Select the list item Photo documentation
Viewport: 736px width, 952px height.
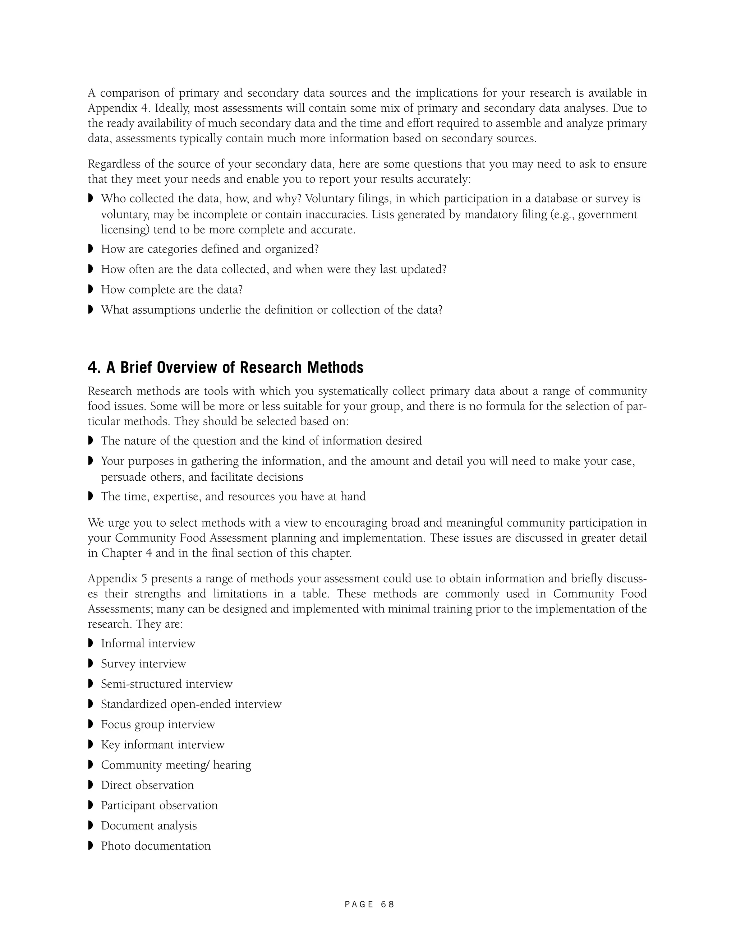156,846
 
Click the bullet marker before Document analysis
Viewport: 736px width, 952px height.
91,825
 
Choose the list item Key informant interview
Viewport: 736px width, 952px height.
163,744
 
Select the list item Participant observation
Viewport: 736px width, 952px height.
159,805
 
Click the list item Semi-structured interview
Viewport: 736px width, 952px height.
166,684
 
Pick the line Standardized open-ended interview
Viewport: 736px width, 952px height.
191,704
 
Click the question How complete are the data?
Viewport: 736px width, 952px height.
172,290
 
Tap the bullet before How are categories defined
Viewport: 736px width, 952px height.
91,249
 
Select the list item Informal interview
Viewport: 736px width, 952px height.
148,643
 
